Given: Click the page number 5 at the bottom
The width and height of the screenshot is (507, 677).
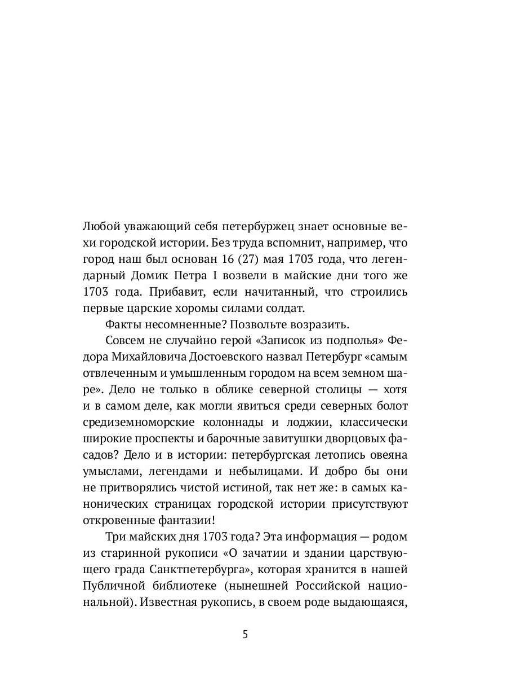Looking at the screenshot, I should pos(245,634).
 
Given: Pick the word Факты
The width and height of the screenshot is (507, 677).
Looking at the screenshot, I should pos(122,325).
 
